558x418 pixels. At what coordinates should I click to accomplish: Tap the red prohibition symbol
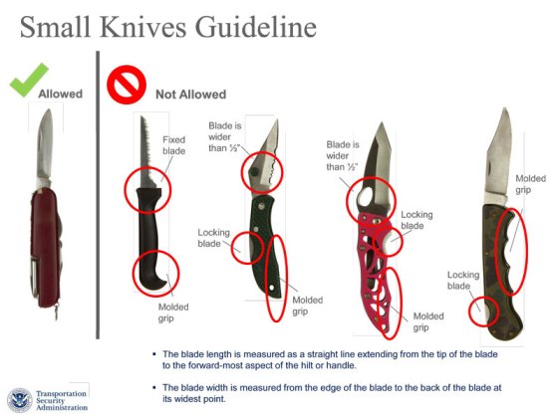127,85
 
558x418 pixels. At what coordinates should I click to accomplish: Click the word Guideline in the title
255,28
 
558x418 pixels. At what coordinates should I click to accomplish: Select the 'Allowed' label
61,94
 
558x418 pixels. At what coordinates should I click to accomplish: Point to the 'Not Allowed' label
191,95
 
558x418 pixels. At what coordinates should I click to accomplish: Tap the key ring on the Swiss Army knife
56,313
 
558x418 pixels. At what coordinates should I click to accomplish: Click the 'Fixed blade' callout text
174,145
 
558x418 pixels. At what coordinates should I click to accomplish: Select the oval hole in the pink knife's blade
366,198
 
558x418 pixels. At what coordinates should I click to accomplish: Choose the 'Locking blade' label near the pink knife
417,220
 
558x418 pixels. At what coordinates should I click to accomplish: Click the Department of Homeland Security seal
20,400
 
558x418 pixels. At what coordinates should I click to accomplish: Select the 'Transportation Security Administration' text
61,400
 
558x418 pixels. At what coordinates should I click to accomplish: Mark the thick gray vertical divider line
98,195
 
